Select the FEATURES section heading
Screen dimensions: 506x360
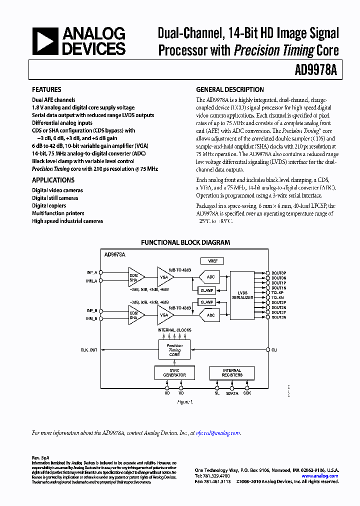coord(46,89)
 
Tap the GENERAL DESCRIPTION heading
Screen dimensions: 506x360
coord(229,89)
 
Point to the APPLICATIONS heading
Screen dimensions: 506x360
coord(53,180)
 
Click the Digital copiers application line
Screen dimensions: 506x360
coord(49,205)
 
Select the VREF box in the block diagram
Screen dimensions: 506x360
coord(212,261)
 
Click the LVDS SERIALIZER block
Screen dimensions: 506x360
coord(242,295)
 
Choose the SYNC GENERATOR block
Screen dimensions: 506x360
coord(174,373)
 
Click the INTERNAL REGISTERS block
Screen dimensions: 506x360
coord(231,373)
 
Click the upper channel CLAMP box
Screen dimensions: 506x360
coord(206,290)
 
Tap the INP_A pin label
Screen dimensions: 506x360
coord(91,272)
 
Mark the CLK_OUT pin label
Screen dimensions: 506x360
coord(89,350)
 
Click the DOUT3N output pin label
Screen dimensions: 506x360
coord(278,317)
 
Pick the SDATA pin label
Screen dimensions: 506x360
coord(231,393)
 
